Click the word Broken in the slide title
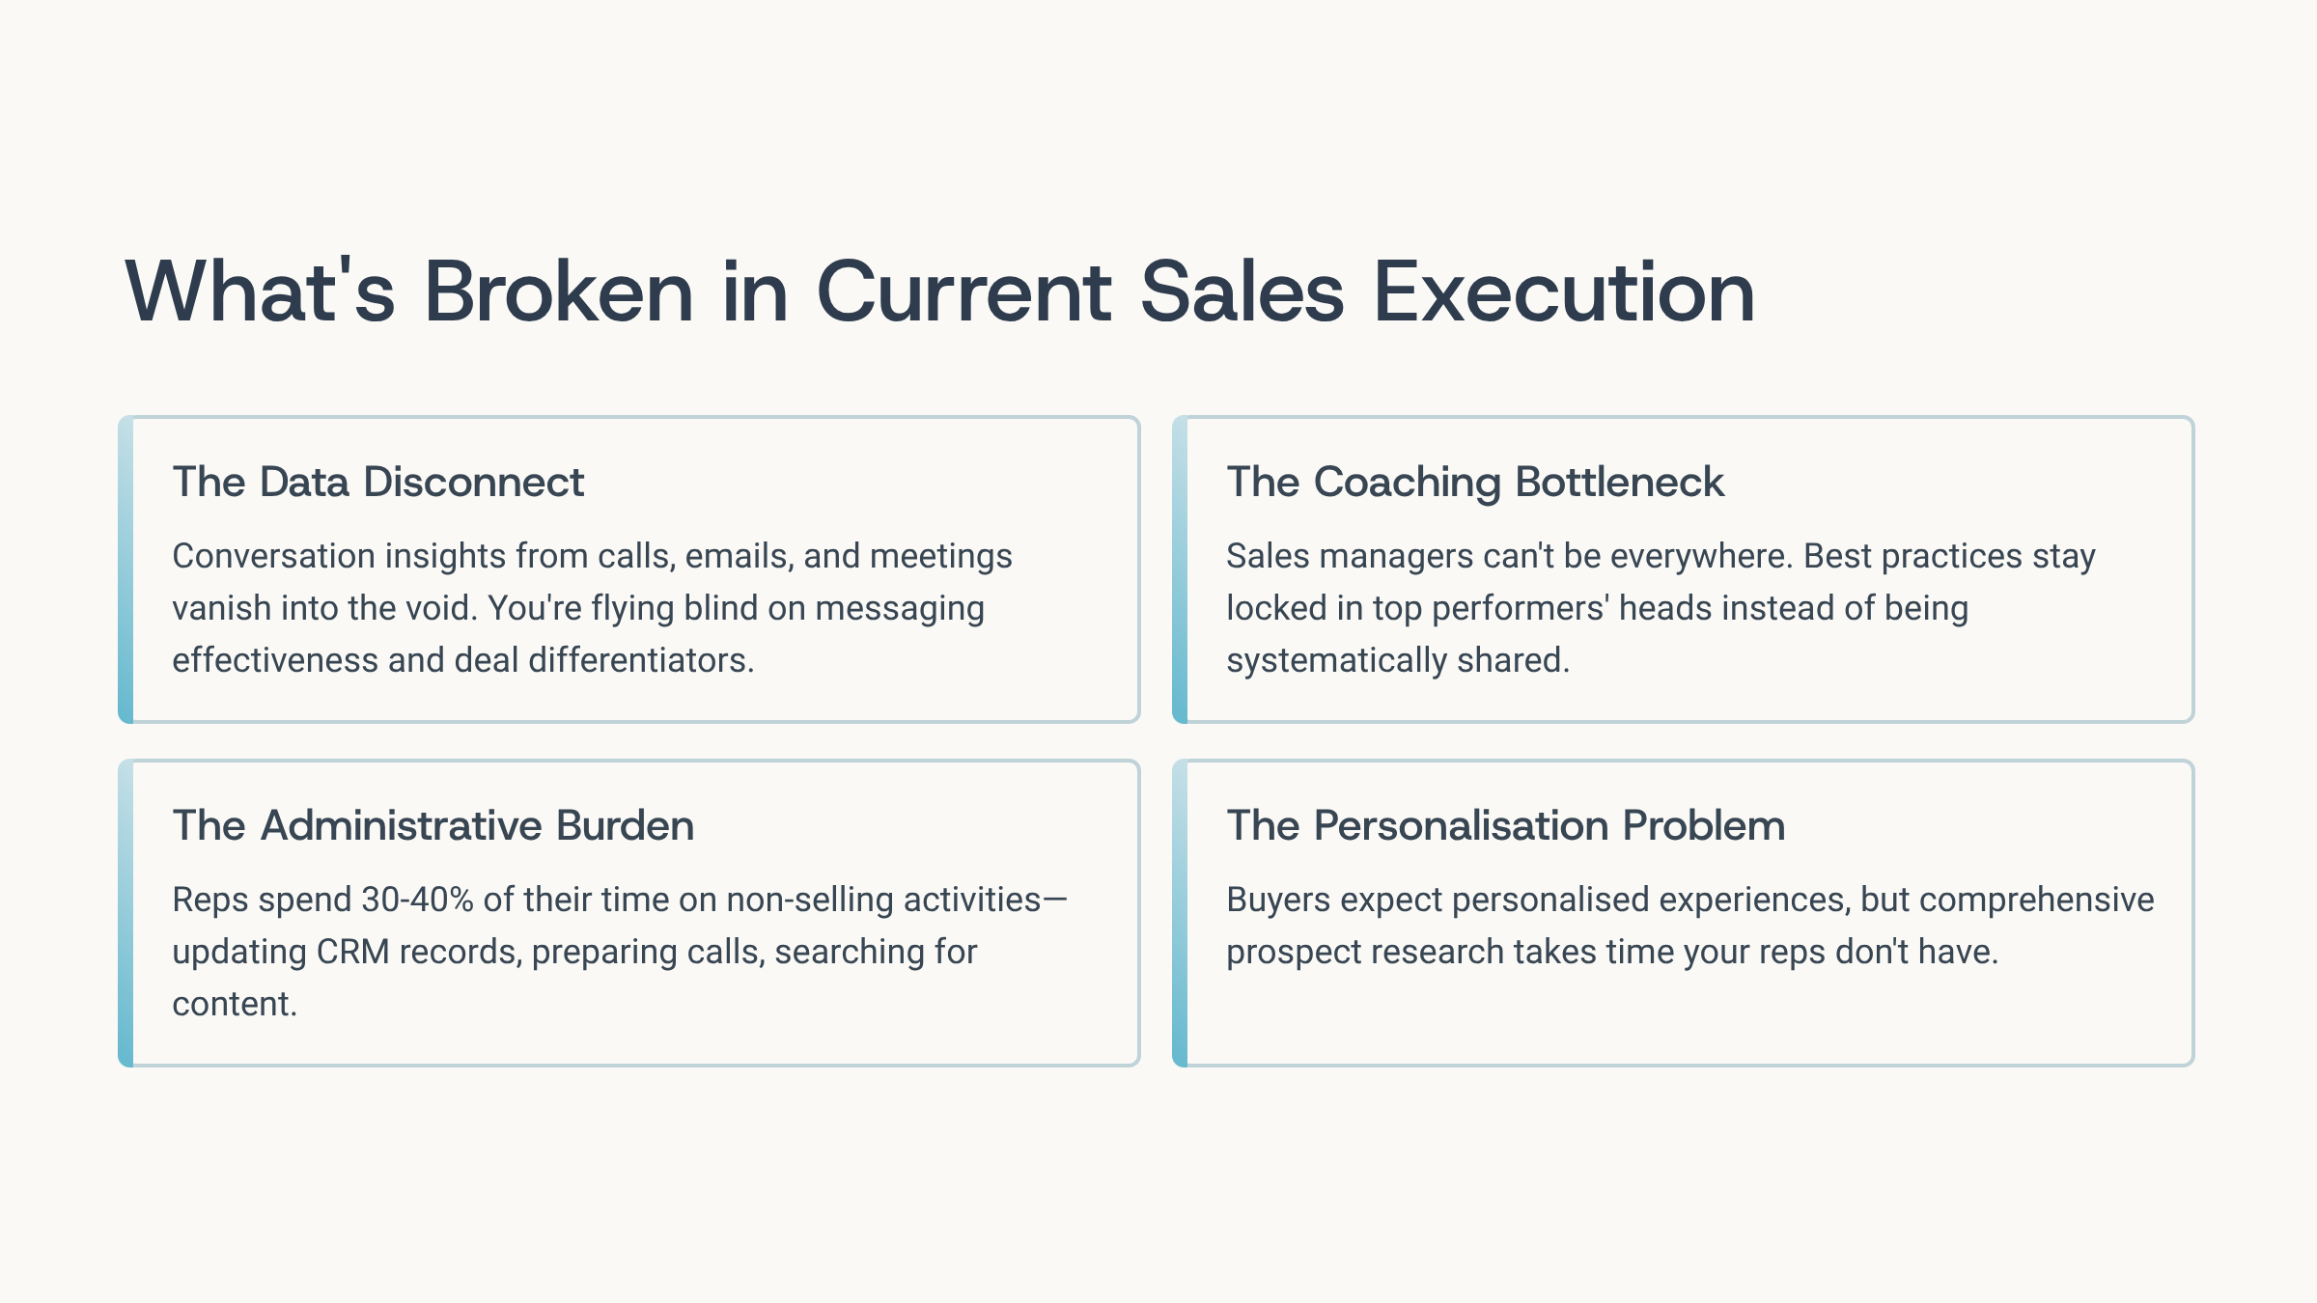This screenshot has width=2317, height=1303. pos(559,291)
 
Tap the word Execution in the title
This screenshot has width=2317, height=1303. pos(1564,291)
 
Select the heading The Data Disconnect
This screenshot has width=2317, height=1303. pos(378,482)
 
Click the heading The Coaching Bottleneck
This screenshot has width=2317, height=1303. pos(1475,482)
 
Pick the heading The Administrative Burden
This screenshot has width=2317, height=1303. pos(433,825)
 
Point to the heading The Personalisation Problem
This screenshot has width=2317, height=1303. pos(1506,825)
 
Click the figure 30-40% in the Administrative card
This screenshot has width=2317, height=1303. pos(418,900)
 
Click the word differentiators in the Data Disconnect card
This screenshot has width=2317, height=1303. pos(641,660)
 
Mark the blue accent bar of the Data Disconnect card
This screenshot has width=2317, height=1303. pos(126,569)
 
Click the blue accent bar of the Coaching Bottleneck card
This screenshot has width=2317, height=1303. pos(1180,569)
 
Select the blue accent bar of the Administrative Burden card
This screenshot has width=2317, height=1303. pos(126,913)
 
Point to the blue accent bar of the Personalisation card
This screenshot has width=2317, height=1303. pos(1180,913)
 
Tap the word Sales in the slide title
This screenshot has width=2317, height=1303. pos(1242,291)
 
